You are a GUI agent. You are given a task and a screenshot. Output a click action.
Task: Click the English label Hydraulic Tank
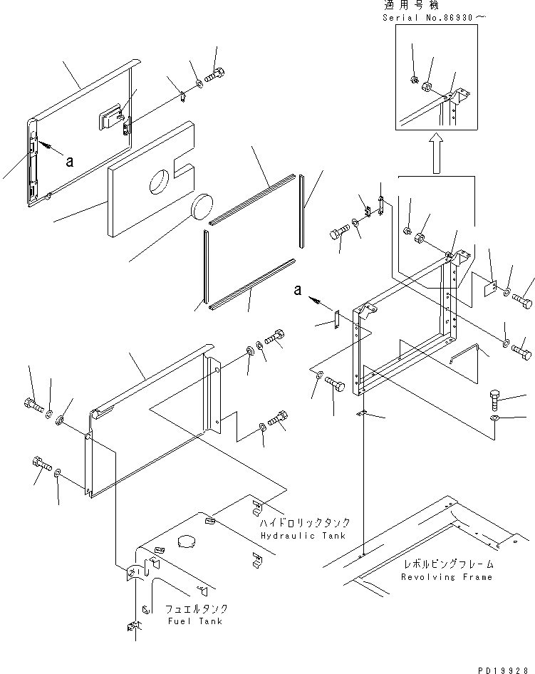click(303, 535)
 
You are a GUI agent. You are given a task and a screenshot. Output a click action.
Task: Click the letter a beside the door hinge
click(69, 162)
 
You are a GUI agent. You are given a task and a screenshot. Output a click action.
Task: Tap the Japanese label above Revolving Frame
click(447, 564)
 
